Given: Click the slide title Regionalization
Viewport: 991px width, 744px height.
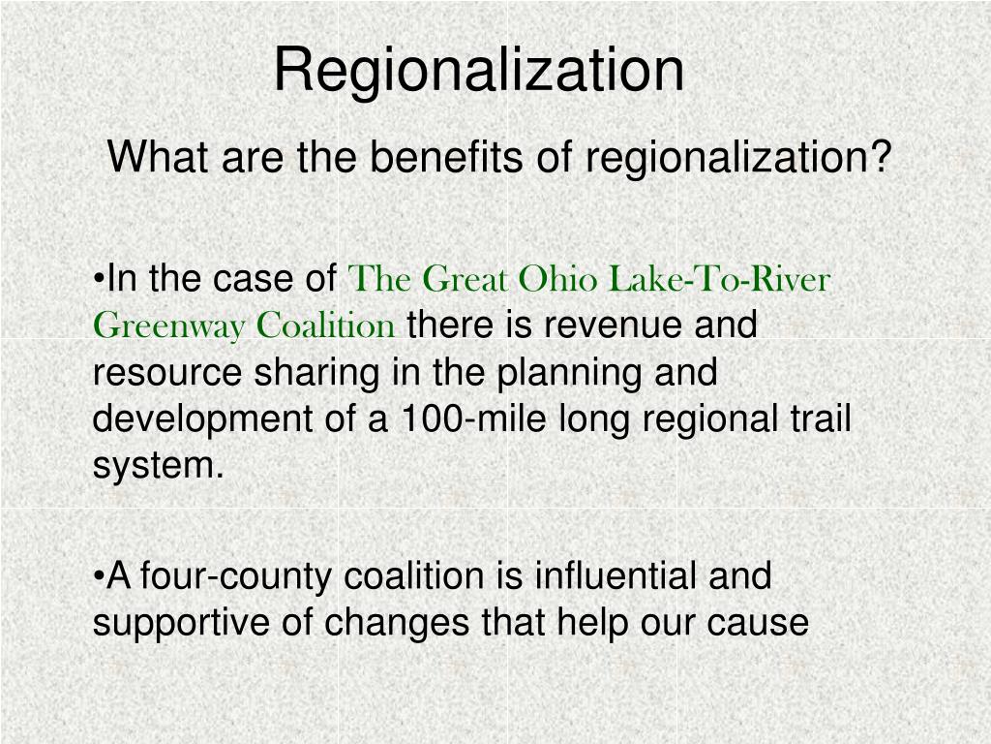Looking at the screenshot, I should pyautogui.click(x=478, y=71).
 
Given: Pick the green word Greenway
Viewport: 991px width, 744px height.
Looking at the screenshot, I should pyautogui.click(x=170, y=326).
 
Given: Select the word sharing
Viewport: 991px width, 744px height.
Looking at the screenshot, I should pyautogui.click(x=300, y=373).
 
